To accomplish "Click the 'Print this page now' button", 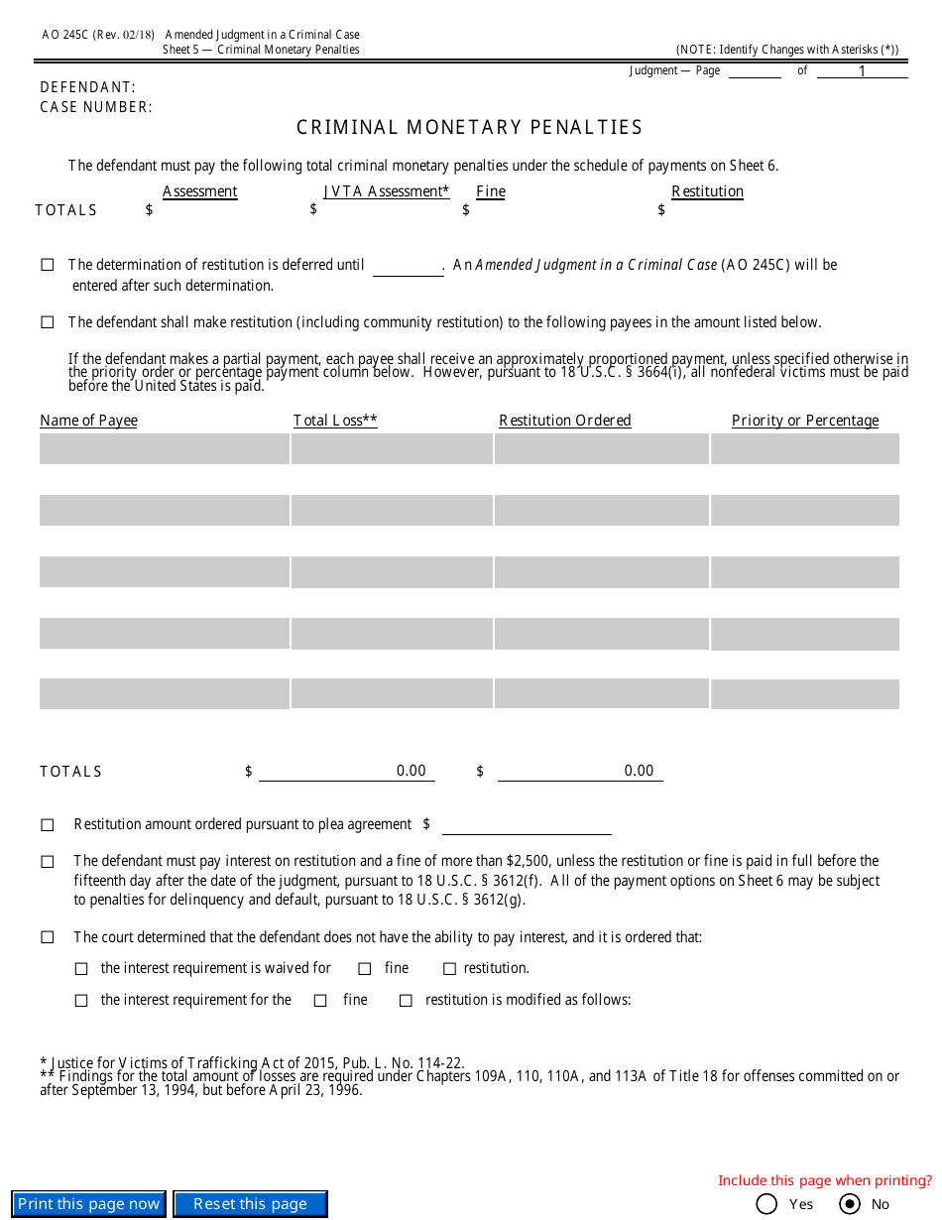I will (x=88, y=1204).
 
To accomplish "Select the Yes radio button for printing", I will (x=766, y=1204).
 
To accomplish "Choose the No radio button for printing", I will (x=850, y=1204).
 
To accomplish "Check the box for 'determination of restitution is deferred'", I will (x=48, y=265).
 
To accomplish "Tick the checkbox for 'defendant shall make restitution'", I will (x=48, y=322).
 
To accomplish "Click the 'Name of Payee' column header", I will (x=88, y=421).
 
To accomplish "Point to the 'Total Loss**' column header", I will (x=335, y=421).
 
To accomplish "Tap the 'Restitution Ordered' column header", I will (x=565, y=421).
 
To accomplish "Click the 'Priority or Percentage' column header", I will (x=805, y=421).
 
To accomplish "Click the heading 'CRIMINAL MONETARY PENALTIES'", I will (x=470, y=127).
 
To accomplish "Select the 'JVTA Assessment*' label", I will (x=387, y=191).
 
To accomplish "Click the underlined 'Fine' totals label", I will (x=491, y=191).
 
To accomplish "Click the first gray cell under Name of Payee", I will (x=164, y=449).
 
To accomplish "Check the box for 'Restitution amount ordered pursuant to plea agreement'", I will (x=48, y=825).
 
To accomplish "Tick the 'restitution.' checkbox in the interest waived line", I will (x=449, y=969).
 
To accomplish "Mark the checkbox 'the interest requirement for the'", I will (x=81, y=1001).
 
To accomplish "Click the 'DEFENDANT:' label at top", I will (x=88, y=87).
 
